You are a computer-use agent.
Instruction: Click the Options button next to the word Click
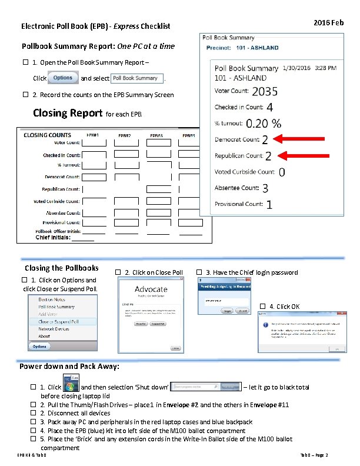(x=63, y=78)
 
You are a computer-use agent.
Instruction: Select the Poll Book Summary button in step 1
(x=135, y=78)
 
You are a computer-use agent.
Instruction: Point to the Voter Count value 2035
(x=265, y=92)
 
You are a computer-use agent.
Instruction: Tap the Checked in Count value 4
(x=269, y=108)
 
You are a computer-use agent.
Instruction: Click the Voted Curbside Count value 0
(x=282, y=172)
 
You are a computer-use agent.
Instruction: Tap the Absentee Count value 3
(x=265, y=188)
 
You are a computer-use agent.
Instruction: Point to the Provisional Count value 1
(x=269, y=205)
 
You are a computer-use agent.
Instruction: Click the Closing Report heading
(x=68, y=113)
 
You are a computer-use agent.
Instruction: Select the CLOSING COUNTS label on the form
(x=47, y=135)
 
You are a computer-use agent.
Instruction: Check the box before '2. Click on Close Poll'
(x=118, y=272)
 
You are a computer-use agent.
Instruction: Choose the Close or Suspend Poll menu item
(x=58, y=322)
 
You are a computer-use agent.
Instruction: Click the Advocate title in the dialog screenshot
(x=151, y=289)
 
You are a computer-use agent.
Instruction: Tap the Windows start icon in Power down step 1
(x=70, y=387)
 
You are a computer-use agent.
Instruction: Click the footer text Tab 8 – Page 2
(x=314, y=455)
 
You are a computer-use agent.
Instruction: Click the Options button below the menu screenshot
(x=39, y=346)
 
